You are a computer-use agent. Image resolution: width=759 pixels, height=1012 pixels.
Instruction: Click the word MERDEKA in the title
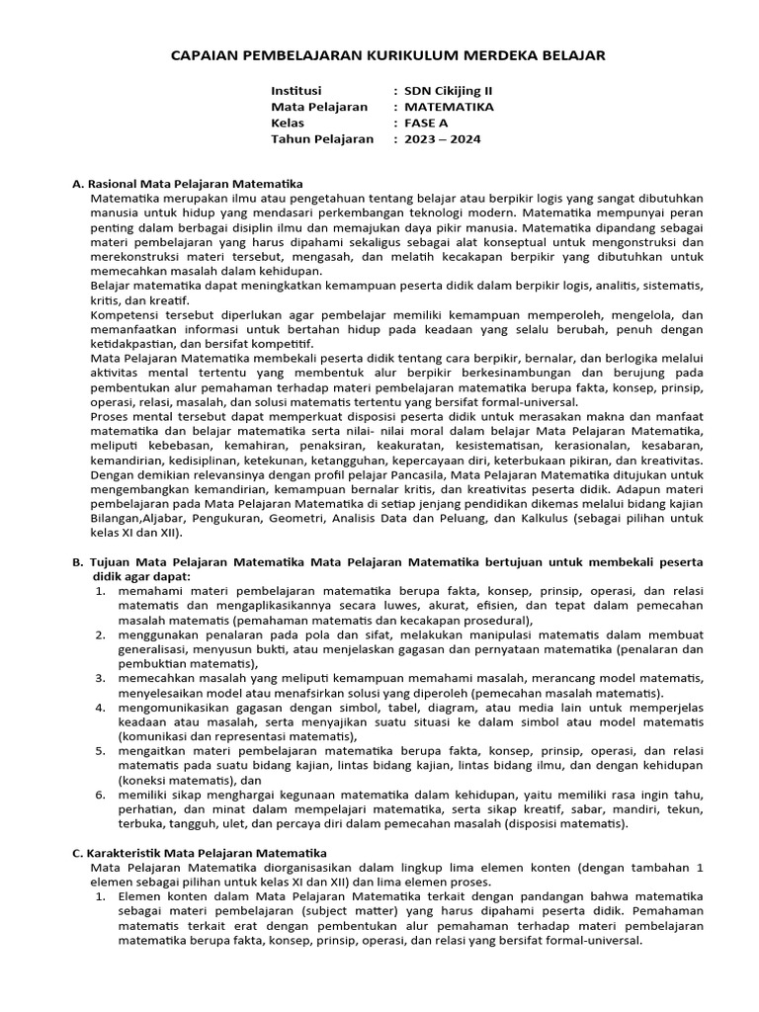click(496, 55)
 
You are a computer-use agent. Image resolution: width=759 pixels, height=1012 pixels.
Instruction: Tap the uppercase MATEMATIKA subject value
click(450, 107)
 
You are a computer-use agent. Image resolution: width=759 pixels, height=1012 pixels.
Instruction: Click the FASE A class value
click(427, 123)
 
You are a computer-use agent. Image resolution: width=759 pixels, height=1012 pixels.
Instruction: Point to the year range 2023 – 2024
click(443, 139)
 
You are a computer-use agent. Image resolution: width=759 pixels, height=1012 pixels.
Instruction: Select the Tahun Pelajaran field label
click(322, 139)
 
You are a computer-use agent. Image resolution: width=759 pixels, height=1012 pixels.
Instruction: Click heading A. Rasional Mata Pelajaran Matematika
click(188, 184)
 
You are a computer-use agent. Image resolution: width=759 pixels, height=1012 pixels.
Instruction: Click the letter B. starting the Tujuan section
click(78, 561)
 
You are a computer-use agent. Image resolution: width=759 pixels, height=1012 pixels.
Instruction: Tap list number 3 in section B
click(100, 678)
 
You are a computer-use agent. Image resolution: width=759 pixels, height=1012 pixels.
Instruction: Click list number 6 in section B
click(100, 795)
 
